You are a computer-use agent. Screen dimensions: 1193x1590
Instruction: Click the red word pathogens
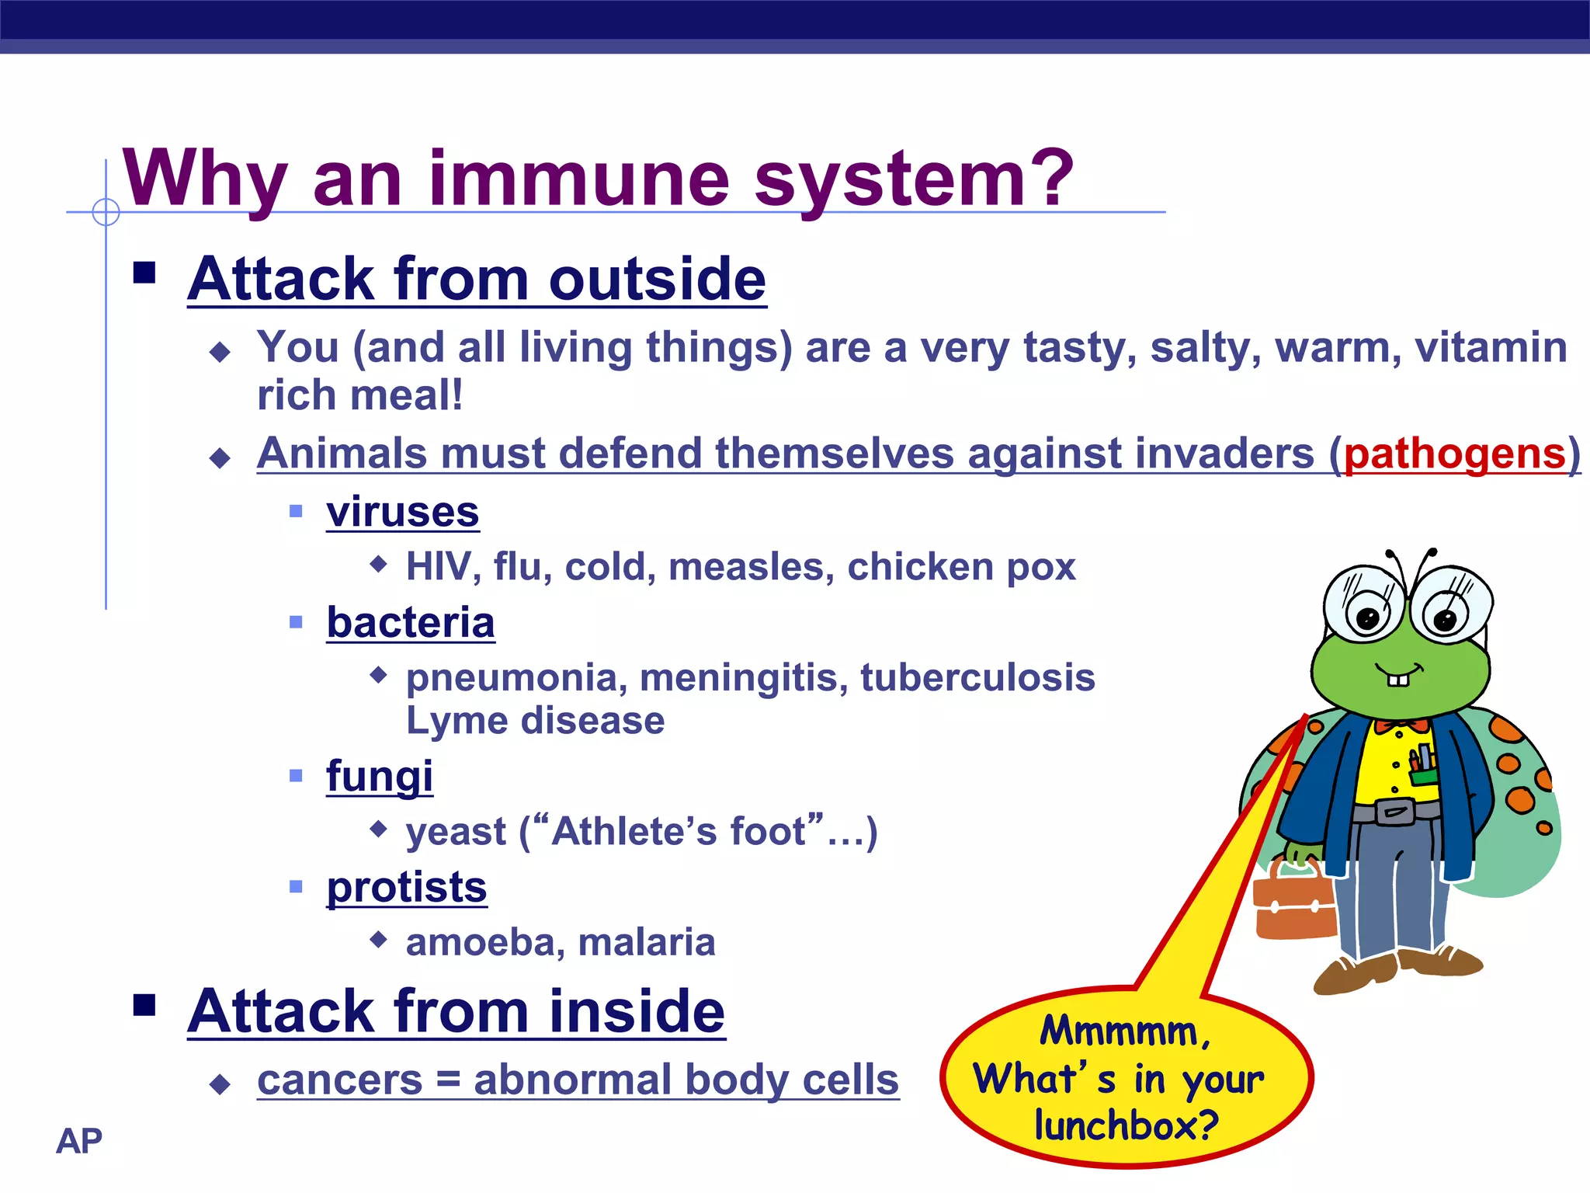click(x=1455, y=454)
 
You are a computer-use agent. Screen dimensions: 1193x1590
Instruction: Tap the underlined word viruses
click(x=402, y=512)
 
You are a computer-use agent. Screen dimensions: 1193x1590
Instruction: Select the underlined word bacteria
click(x=410, y=623)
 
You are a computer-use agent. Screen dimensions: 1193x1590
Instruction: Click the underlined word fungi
click(x=379, y=776)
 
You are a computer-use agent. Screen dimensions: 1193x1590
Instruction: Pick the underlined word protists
click(x=406, y=887)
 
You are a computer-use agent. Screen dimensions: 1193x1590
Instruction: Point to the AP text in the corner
click(x=78, y=1141)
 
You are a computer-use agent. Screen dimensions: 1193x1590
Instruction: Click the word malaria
click(x=646, y=942)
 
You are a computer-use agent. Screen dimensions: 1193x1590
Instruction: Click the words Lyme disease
click(x=535, y=721)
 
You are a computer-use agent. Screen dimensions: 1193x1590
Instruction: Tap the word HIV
click(x=438, y=567)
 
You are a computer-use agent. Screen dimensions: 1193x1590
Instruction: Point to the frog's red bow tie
click(x=1401, y=726)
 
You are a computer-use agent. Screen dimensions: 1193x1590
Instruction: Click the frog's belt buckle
click(x=1394, y=812)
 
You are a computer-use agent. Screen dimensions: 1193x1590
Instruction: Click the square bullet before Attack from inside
click(x=144, y=1004)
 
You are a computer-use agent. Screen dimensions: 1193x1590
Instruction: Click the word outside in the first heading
click(x=657, y=279)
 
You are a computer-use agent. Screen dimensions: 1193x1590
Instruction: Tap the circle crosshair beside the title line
click(x=106, y=211)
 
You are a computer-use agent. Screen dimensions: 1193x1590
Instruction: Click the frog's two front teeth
click(x=1397, y=680)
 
